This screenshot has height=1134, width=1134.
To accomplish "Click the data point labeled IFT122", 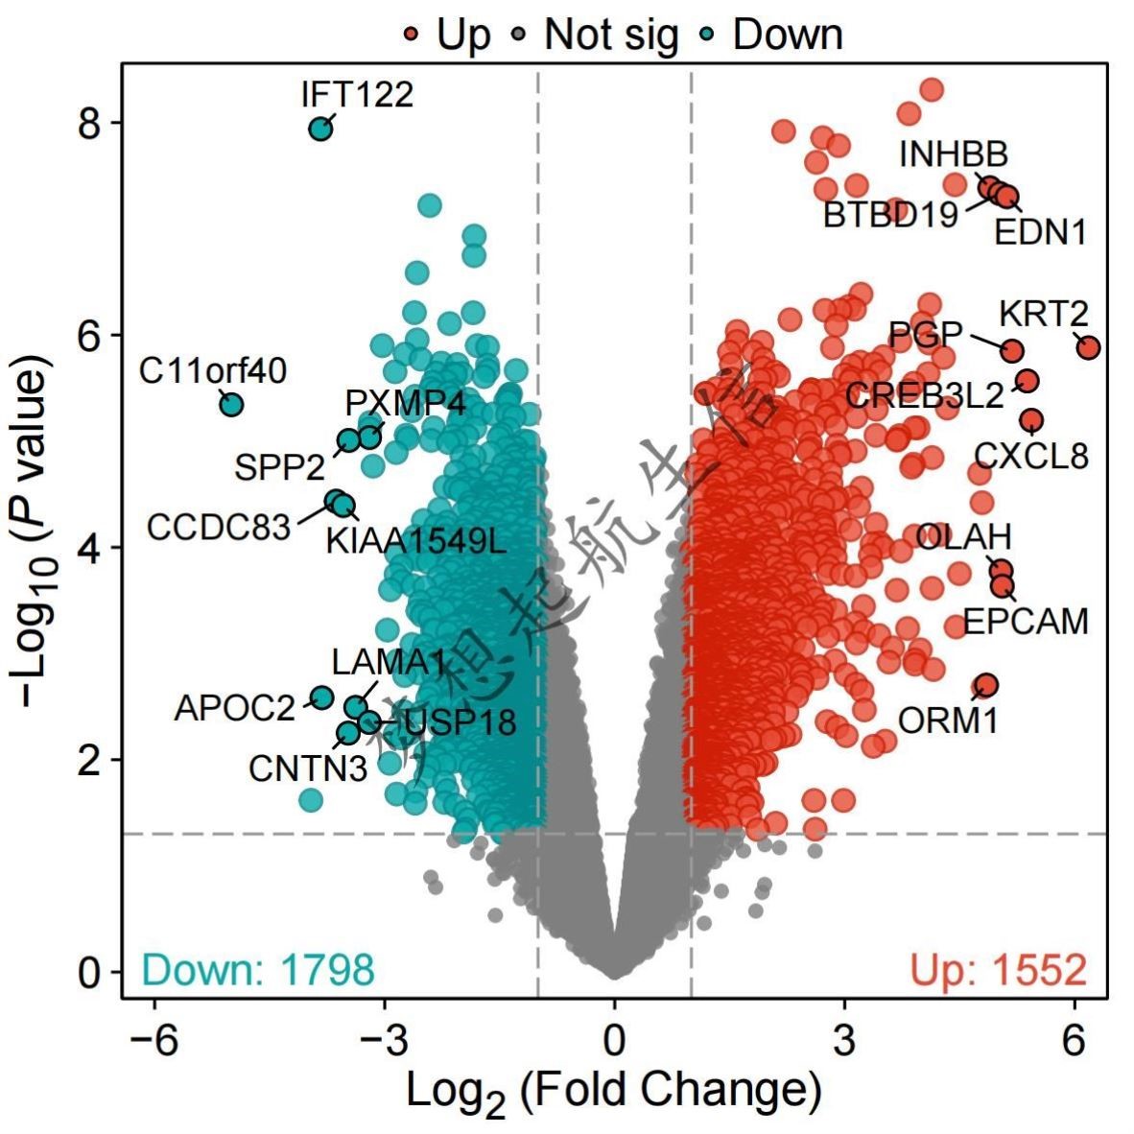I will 320,128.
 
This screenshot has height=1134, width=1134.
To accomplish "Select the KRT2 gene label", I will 1044,314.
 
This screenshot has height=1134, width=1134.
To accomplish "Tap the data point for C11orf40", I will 231,404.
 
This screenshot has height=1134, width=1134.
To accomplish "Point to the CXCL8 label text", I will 1031,456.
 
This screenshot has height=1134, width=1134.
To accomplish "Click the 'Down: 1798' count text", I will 258,970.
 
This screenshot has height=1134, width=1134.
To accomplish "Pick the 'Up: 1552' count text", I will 999,970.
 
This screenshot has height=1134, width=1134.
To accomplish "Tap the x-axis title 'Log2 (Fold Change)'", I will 614,1092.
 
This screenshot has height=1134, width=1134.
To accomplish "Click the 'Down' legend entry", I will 787,35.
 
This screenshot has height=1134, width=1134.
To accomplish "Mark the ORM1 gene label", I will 949,720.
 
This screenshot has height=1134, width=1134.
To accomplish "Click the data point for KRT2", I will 1087,347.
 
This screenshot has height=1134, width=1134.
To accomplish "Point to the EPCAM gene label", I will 1026,622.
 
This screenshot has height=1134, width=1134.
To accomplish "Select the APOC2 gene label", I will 235,709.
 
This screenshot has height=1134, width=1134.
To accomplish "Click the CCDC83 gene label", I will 219,527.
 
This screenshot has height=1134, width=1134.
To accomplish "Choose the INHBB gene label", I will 954,154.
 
